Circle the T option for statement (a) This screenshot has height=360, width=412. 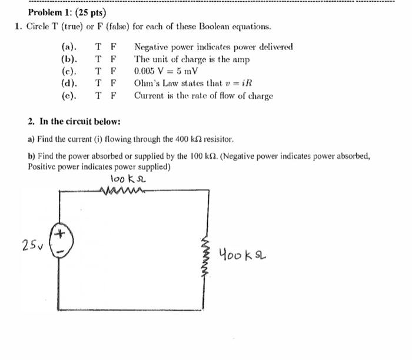click(98, 47)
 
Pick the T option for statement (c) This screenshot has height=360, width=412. click(98, 71)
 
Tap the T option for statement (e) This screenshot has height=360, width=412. click(98, 95)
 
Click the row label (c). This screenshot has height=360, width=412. click(69, 71)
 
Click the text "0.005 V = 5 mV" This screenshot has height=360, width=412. click(165, 71)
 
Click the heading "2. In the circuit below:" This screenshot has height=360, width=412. click(74, 122)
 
